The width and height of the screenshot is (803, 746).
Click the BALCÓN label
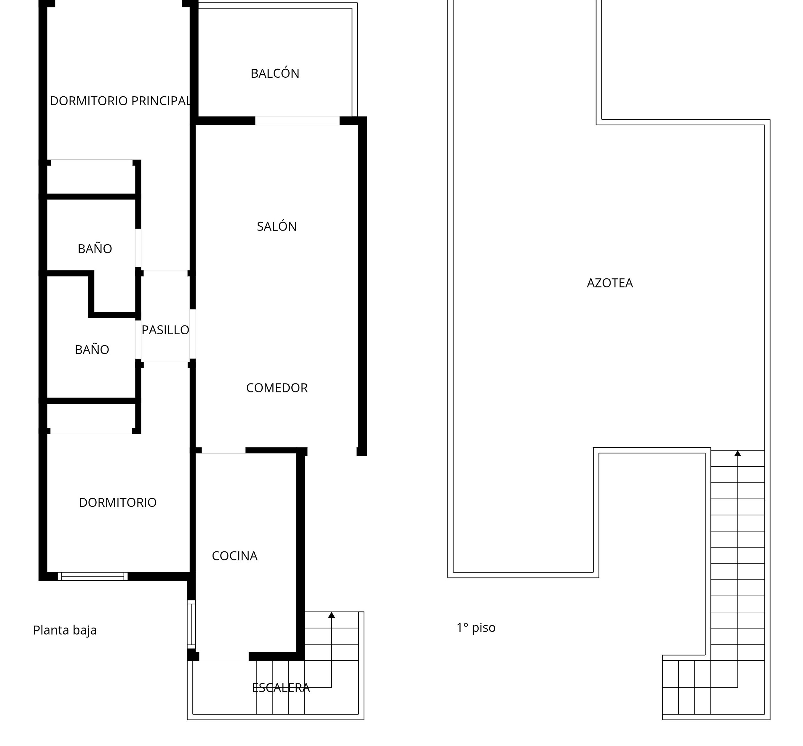coord(275,73)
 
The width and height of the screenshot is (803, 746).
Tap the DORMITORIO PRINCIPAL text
coord(120,101)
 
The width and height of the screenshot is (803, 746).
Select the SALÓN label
coord(277,226)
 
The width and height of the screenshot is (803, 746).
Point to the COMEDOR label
coord(277,388)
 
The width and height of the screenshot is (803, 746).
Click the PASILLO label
coord(165,330)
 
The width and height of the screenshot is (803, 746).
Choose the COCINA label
coord(234,556)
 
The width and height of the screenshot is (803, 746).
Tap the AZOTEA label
coord(610,283)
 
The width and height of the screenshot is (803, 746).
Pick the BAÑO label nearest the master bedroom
coord(94,248)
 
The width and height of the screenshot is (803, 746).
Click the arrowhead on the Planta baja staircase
coord(331,615)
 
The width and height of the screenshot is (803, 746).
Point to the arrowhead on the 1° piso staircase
coord(737,453)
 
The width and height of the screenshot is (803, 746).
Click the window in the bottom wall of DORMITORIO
coord(93,576)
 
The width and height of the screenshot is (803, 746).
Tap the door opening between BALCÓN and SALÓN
coord(297,120)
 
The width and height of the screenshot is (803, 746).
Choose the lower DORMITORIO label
coord(118,502)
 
